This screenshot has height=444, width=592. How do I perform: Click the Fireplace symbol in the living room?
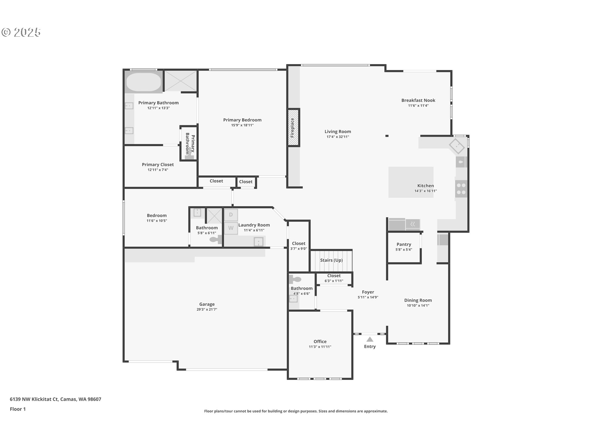(x=293, y=128)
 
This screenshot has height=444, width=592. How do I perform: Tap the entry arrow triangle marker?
(x=370, y=339)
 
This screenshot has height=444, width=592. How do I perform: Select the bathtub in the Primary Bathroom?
(x=143, y=82)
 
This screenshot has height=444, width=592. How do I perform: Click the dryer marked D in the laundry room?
(x=231, y=215)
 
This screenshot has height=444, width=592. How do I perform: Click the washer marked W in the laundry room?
(x=231, y=228)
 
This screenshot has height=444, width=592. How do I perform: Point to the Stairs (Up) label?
(x=331, y=260)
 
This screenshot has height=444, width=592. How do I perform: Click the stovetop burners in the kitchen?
(x=461, y=189)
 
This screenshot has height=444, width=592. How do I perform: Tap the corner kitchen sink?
(x=457, y=146)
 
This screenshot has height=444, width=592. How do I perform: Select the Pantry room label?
(x=404, y=244)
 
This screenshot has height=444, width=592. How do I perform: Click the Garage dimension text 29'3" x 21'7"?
(x=207, y=309)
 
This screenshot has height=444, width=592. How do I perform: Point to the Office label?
(x=320, y=341)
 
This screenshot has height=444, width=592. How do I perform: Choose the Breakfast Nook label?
(x=418, y=100)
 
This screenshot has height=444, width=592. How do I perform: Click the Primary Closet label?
(x=158, y=165)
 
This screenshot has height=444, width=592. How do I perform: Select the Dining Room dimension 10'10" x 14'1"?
(x=418, y=306)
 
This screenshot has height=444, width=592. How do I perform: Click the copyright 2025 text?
(x=21, y=32)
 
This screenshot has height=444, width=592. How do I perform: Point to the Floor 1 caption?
(x=18, y=409)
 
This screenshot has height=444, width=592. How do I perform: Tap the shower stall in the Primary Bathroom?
(x=180, y=81)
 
